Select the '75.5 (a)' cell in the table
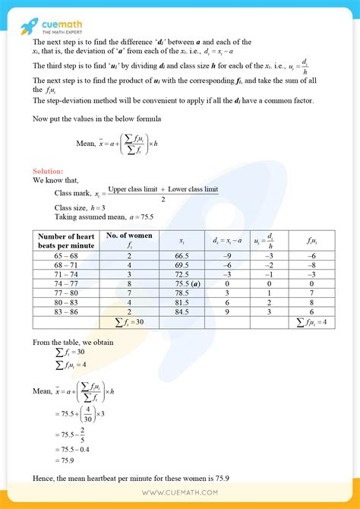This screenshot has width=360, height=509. (x=183, y=283)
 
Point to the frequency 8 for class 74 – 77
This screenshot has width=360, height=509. (x=129, y=283)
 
